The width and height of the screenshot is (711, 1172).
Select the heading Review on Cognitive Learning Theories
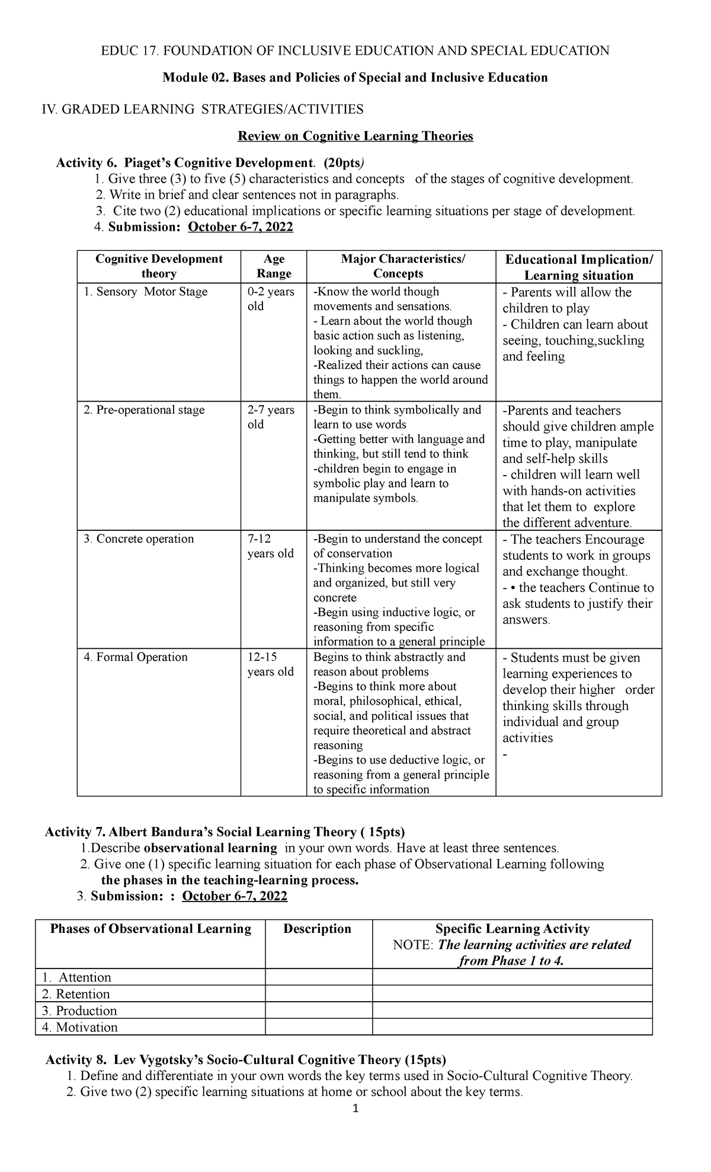coord(355,136)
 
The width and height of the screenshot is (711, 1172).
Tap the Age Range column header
coord(274,266)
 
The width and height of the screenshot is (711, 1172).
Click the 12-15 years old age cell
coord(270,664)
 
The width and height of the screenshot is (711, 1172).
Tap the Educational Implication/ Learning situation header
coord(578,267)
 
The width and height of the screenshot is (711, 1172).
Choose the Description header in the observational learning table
coord(317,929)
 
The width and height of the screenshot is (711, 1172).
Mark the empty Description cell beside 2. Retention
coord(318,994)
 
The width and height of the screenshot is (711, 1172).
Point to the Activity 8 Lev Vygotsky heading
coord(246,1059)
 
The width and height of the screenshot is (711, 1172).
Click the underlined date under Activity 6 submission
coord(240,227)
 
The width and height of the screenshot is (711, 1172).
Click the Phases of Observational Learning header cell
coord(150,929)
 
